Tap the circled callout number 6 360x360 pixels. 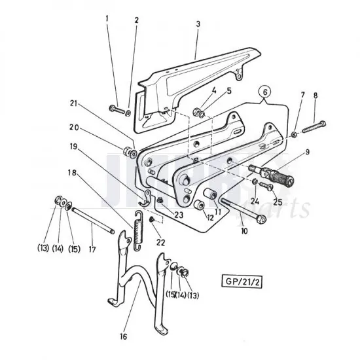click(265, 92)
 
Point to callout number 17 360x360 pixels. click(92, 249)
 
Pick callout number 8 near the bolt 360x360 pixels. click(315, 97)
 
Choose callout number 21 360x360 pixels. click(74, 103)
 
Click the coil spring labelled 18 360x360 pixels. click(137, 232)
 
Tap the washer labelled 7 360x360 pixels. click(294, 134)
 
